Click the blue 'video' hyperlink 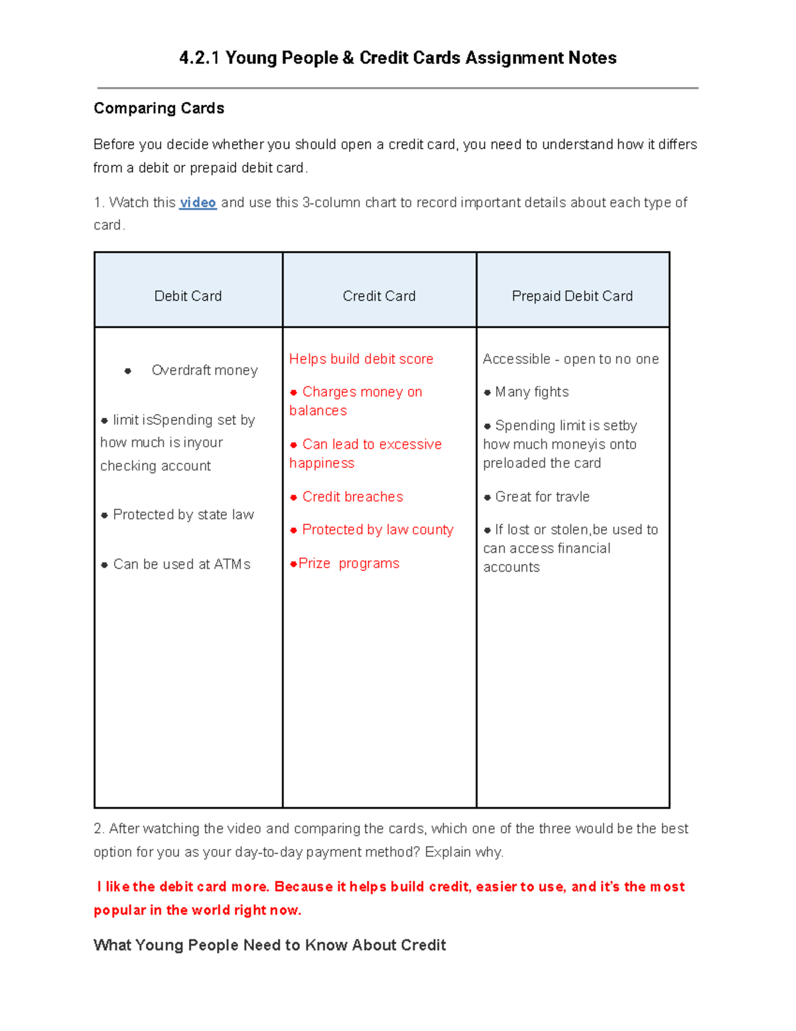point(198,202)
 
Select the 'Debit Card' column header point(188,296)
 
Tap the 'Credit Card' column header point(379,296)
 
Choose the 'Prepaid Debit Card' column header point(572,296)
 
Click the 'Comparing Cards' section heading point(159,108)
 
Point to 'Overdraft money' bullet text point(204,370)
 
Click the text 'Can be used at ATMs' point(181,564)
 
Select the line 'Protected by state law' point(183,515)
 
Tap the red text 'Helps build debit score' point(361,359)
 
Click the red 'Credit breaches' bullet point(352,497)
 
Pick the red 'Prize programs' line point(348,564)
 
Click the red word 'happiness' point(322,463)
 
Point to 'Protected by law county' point(377,530)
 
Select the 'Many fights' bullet point(531,392)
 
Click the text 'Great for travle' point(542,497)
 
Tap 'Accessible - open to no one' point(570,359)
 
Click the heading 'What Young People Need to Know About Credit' point(269,945)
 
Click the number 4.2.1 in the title point(199,58)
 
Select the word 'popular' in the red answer point(119,910)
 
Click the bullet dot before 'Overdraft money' point(128,371)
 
